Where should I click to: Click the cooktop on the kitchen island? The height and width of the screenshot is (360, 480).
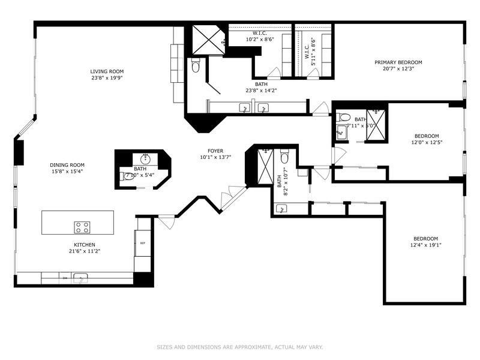(x=82, y=227)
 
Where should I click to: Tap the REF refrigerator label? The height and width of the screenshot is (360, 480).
(x=143, y=243)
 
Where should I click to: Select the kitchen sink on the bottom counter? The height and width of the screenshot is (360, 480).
(x=80, y=278)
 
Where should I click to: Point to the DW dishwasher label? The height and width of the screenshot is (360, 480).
(x=64, y=278)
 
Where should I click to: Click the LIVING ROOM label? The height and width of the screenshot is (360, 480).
(x=107, y=71)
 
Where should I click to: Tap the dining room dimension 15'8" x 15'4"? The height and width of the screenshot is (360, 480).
(x=67, y=171)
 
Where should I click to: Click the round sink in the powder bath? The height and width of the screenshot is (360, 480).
(x=145, y=159)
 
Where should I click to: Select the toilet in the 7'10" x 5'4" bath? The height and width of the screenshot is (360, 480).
(x=125, y=176)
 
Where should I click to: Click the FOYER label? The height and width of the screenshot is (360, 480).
(x=215, y=151)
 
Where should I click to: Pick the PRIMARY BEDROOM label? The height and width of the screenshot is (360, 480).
(x=398, y=62)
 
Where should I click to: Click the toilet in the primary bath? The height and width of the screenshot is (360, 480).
(x=195, y=67)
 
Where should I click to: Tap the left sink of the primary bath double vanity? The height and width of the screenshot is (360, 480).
(x=245, y=108)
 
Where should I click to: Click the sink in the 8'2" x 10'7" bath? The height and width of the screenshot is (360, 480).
(x=281, y=208)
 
